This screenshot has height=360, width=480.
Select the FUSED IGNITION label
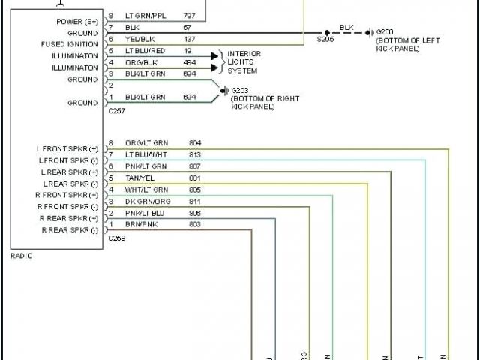(x=69, y=44)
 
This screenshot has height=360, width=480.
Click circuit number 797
(x=190, y=16)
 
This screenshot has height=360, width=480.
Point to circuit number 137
(x=190, y=39)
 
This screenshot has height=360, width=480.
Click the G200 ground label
(x=385, y=32)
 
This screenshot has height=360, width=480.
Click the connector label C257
(x=116, y=110)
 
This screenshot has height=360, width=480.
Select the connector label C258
(x=116, y=238)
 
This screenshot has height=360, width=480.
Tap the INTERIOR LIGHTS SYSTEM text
(x=244, y=63)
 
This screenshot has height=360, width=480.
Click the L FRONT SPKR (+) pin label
(x=68, y=149)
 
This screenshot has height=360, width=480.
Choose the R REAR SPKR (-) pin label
(x=70, y=229)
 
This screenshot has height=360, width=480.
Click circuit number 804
(x=195, y=143)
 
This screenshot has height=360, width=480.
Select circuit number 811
(x=195, y=202)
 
